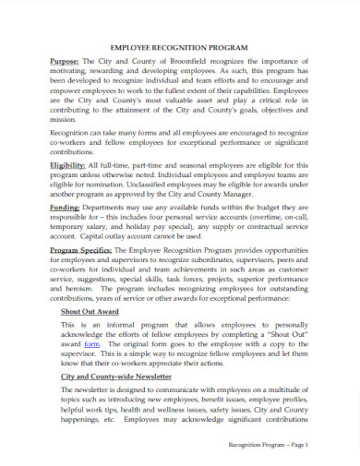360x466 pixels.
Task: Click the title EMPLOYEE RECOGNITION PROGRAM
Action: (179, 43)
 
